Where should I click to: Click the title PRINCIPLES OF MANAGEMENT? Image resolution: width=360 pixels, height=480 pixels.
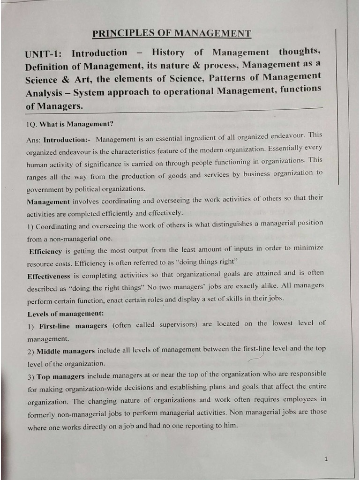click(x=172, y=33)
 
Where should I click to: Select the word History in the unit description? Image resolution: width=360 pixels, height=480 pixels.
click(x=168, y=53)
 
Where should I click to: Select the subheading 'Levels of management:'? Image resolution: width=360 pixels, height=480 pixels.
click(x=65, y=313)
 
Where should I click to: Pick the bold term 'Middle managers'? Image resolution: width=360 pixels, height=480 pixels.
click(x=65, y=351)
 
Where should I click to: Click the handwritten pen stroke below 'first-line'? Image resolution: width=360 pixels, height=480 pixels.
click(x=255, y=359)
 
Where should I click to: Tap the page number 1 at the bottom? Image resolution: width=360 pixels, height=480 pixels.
click(x=326, y=459)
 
